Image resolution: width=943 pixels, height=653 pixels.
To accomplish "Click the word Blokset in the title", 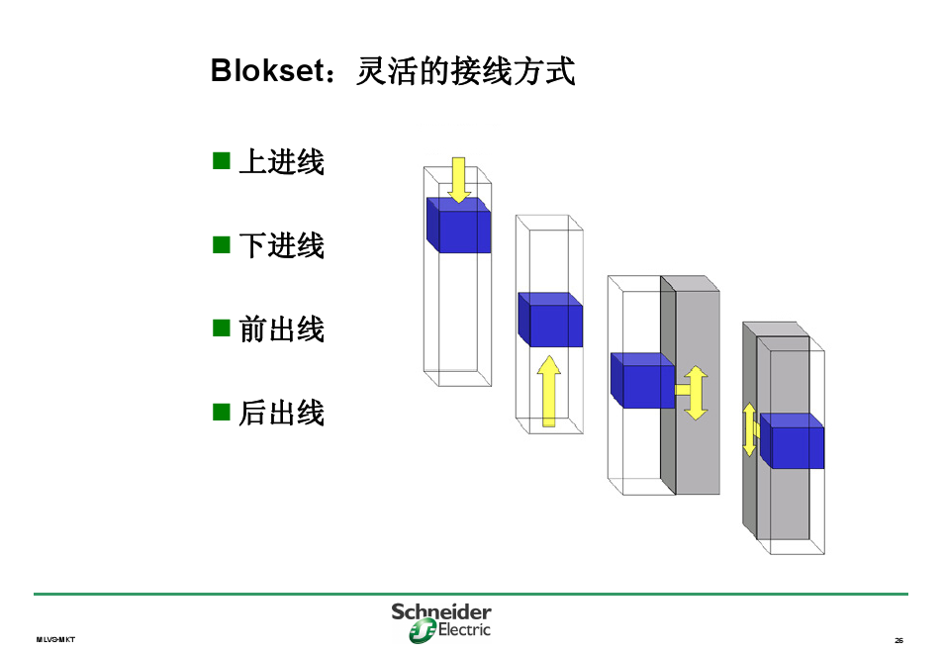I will click(266, 71).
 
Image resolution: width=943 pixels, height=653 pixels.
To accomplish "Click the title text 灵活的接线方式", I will click(464, 71).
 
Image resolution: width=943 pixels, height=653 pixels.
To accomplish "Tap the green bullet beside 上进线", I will click(221, 160).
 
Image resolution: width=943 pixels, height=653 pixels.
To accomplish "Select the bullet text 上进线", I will click(281, 161).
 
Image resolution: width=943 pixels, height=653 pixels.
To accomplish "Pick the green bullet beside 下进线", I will click(221, 244).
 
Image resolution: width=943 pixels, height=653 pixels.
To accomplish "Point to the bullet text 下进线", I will click(281, 245).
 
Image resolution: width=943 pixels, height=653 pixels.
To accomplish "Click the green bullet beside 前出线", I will click(221, 327).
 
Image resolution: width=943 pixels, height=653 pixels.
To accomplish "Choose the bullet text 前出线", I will click(281, 328).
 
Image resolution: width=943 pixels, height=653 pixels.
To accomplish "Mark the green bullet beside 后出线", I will click(221, 412).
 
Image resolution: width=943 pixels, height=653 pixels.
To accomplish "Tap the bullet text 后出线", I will click(281, 413).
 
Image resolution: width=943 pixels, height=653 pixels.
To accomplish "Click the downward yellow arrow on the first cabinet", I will click(458, 179).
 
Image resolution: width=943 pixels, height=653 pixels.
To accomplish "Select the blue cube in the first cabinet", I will click(459, 227).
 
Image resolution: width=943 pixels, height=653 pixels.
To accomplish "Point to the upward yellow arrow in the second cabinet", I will click(549, 392).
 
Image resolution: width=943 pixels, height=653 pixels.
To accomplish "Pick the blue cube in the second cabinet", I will click(551, 321).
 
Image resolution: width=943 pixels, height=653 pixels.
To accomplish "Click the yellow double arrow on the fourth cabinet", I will click(750, 429).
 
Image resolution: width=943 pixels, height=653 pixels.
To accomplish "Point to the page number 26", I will click(898, 640).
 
